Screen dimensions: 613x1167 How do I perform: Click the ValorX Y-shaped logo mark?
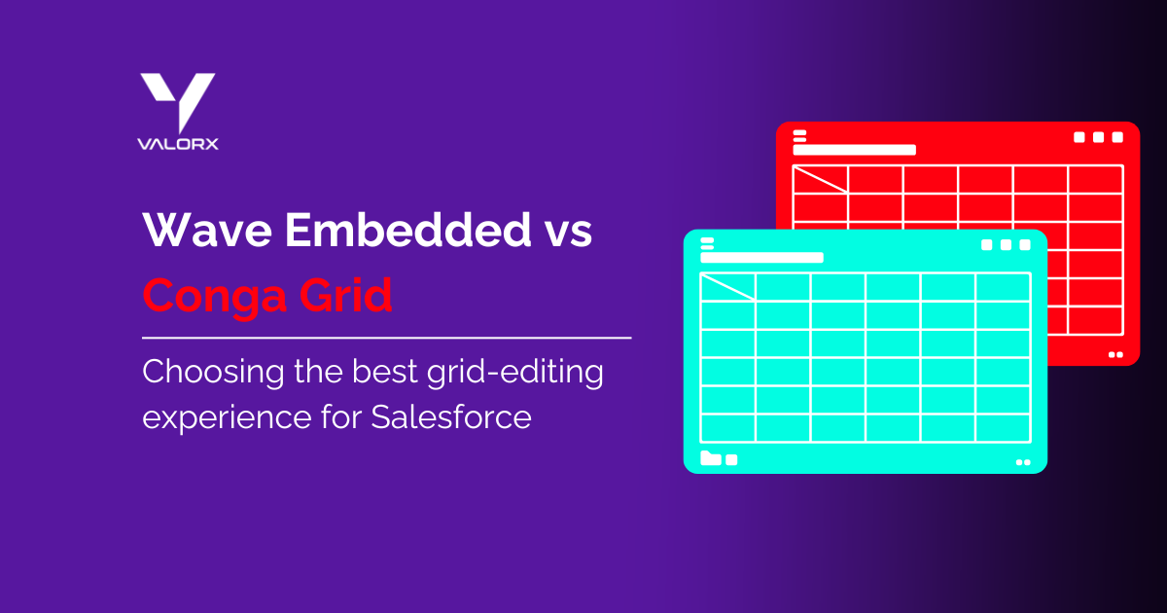[x=177, y=99]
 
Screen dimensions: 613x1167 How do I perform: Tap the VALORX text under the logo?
[x=177, y=144]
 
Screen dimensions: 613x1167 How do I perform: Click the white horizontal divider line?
[x=386, y=338]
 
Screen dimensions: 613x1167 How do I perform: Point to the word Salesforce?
[x=450, y=416]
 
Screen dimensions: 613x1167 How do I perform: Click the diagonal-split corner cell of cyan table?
[x=728, y=286]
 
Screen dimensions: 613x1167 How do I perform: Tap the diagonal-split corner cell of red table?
[x=821, y=179]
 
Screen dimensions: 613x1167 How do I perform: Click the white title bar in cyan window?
[x=761, y=257]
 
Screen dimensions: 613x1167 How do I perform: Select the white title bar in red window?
[x=854, y=150]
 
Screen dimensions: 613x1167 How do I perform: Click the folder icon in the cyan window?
[x=711, y=458]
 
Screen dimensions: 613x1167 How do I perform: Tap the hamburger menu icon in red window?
[x=799, y=135]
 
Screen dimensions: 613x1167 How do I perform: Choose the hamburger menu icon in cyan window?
[x=707, y=242]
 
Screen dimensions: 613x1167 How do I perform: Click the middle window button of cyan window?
[x=1006, y=244]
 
